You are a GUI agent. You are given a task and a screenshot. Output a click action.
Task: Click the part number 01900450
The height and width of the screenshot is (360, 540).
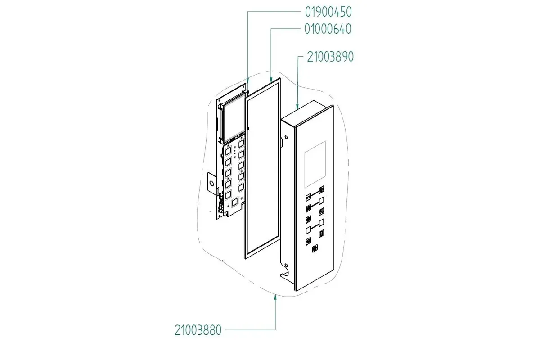[x=328, y=12]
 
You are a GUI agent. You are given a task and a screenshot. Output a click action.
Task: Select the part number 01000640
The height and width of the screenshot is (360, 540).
[x=328, y=29]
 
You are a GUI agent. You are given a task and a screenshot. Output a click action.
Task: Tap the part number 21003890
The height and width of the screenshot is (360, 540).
[x=330, y=57]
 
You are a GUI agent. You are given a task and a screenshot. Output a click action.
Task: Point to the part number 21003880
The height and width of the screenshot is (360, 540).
[x=198, y=330]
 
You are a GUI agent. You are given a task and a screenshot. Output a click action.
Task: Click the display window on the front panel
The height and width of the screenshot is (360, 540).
[x=315, y=164]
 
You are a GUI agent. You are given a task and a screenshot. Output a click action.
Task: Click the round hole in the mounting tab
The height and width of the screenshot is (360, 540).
[x=211, y=184]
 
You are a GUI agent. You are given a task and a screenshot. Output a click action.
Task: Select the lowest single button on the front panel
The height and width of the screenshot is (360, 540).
[x=315, y=248]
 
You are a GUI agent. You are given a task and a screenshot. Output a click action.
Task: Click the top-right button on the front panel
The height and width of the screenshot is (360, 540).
[x=322, y=189]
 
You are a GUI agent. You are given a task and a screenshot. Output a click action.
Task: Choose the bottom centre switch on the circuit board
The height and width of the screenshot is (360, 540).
[x=234, y=202]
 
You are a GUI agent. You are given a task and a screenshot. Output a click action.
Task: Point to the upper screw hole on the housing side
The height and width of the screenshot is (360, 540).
[x=286, y=138]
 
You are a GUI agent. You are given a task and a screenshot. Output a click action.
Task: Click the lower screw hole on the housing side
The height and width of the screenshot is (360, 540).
[x=286, y=265]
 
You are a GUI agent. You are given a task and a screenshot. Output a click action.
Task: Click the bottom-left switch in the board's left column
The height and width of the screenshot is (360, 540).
[x=59, y=195]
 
